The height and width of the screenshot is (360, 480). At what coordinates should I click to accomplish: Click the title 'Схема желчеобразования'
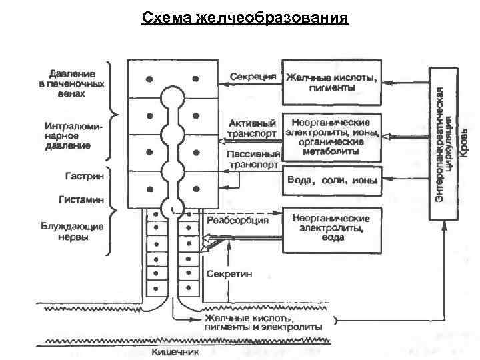click(x=245, y=17)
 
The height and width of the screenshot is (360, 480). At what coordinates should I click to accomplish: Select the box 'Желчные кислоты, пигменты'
click(x=331, y=82)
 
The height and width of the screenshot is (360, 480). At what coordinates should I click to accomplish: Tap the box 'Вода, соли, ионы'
click(x=331, y=181)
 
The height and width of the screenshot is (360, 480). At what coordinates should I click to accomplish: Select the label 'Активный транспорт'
click(x=252, y=128)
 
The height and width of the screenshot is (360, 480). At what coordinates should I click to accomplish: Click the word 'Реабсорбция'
click(x=238, y=219)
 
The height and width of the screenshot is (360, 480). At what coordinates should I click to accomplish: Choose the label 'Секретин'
click(x=229, y=274)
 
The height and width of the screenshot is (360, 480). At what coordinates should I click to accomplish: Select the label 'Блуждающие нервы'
click(x=73, y=231)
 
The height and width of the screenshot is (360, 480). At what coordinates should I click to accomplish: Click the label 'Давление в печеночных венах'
click(x=73, y=83)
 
